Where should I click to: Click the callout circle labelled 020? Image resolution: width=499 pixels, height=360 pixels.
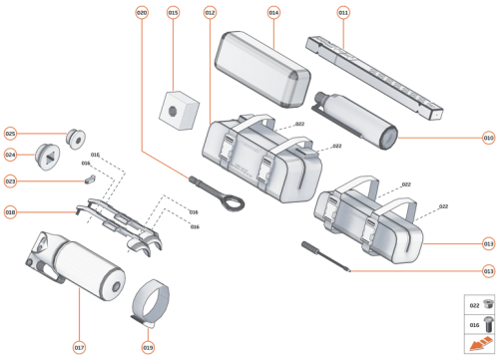(141, 13)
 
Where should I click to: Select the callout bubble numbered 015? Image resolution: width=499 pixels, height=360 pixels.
(173, 13)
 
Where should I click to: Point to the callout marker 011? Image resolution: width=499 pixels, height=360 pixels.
(343, 13)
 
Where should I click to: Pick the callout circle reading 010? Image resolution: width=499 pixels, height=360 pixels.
(488, 138)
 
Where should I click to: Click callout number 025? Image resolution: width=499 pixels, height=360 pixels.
(11, 133)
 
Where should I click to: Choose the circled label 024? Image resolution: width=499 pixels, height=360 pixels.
(11, 155)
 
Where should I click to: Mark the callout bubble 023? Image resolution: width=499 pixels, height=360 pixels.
(11, 181)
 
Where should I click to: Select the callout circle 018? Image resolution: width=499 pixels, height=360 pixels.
(11, 211)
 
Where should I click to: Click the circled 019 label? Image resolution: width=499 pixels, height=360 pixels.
(148, 347)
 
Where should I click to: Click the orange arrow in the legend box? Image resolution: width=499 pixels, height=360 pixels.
(476, 344)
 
